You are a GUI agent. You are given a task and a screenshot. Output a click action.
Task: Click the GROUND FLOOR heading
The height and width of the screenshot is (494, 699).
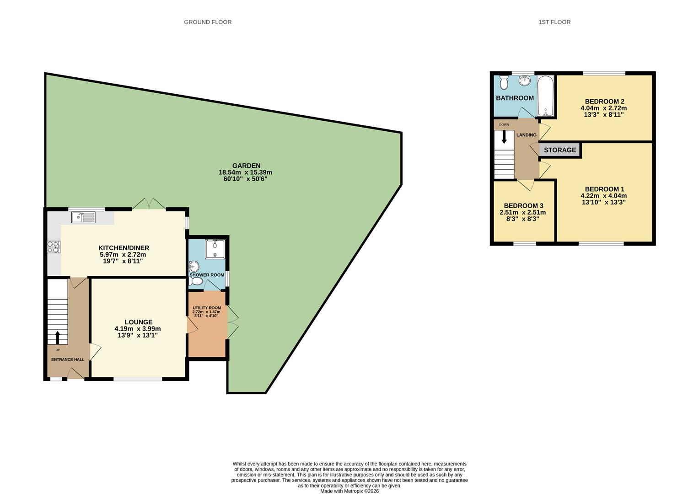(x=208, y=22)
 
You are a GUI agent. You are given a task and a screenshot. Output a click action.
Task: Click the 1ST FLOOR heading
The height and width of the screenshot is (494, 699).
(x=554, y=22)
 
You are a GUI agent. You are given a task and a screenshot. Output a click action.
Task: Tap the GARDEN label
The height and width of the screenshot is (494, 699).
(x=246, y=166)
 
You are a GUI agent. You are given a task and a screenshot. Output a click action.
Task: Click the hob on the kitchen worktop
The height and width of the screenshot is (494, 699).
(x=53, y=247)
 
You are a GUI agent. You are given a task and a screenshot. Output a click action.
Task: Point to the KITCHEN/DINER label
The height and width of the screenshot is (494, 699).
(x=124, y=248)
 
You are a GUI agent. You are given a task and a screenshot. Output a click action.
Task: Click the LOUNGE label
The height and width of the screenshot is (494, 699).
(x=138, y=322)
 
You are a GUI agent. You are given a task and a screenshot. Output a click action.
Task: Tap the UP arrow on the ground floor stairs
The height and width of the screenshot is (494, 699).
(x=57, y=338)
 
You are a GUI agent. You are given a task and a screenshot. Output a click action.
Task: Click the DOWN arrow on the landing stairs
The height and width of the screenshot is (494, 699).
(x=504, y=137)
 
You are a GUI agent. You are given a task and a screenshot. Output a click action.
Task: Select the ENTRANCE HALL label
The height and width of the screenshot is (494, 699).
(x=68, y=360)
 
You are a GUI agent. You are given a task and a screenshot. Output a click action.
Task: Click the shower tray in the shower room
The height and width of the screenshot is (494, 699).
(x=215, y=249)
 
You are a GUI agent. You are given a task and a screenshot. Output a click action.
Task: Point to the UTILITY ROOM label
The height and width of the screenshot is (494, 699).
(x=207, y=308)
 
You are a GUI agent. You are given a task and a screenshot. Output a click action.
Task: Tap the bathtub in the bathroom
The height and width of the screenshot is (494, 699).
(x=545, y=97)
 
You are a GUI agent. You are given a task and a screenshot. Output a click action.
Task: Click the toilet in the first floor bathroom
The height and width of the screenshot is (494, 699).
(x=504, y=83)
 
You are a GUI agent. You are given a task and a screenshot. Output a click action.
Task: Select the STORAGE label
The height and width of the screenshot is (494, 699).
(x=560, y=150)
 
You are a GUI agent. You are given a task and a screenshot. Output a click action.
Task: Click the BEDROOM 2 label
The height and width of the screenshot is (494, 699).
(x=604, y=102)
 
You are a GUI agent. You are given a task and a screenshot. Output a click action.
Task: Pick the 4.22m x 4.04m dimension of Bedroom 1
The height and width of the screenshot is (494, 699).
(x=604, y=196)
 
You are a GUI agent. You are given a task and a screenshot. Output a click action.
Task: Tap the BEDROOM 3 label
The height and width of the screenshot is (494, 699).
(x=523, y=206)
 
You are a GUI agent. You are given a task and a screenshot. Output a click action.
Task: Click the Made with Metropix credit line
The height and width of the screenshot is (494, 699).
(x=349, y=491)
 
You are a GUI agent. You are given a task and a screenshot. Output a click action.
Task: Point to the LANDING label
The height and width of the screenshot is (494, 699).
(x=526, y=135)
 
